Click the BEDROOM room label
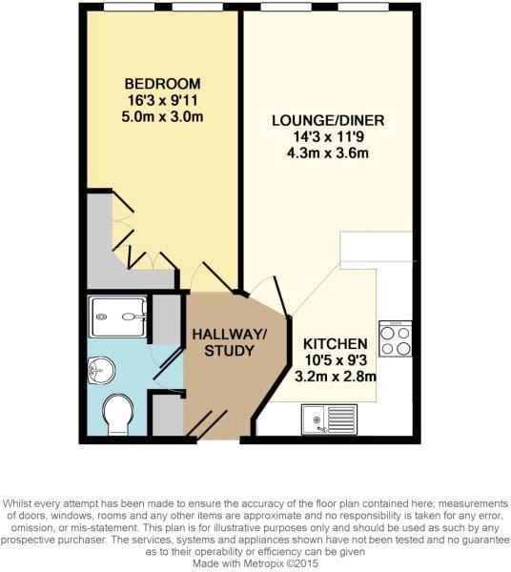point(163,84)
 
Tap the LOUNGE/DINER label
point(328,120)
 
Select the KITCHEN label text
point(336,344)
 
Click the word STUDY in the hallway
point(230,351)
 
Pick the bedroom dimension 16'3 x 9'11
point(163,100)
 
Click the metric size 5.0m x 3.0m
point(162,116)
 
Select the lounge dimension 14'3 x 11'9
point(329,137)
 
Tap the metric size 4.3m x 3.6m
point(328,153)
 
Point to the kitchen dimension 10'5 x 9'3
point(336,360)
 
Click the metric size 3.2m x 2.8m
point(336,377)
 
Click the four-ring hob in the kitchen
point(396,338)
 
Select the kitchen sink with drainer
point(329,419)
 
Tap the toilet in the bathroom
point(117,415)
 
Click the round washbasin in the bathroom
point(101,370)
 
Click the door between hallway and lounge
point(281,296)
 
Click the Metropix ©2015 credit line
point(255,563)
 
